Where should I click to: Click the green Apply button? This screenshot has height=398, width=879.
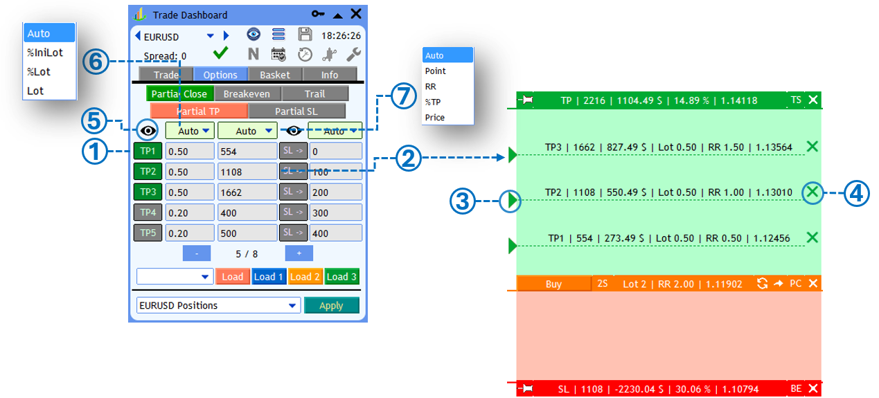pos(332,305)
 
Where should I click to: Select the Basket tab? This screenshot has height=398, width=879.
pos(275,75)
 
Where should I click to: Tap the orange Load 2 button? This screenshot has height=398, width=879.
pos(305,276)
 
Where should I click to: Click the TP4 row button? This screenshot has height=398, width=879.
pos(148,212)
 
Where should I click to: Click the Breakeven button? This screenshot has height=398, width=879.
pos(247,93)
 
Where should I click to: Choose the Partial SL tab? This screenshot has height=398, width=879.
pos(296,111)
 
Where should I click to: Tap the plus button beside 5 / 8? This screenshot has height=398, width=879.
pos(299,253)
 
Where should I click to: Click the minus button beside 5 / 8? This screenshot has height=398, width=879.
pos(197,253)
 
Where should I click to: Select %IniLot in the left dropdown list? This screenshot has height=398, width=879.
pos(45,53)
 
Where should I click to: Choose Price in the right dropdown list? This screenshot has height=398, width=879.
pos(435,117)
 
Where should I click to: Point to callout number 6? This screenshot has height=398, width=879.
pos(96,62)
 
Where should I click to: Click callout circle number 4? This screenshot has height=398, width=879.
pos(856,193)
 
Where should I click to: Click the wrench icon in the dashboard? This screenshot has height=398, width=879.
pos(353,55)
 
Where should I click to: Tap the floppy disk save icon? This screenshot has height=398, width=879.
pos(305,35)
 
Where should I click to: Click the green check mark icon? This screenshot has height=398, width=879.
pos(220,53)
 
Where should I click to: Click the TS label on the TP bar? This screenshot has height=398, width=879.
pos(796,100)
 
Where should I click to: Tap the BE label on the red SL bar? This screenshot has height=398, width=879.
pos(796,388)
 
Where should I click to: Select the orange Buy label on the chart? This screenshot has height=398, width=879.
pos(553,284)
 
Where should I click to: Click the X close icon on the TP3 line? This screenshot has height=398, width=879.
pos(813,147)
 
